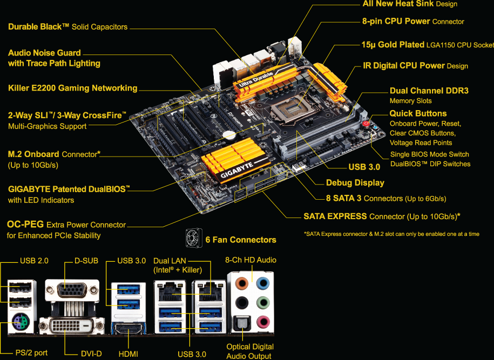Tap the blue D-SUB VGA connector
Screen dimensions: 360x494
[x=72, y=291]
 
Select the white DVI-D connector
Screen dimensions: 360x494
[x=76, y=325]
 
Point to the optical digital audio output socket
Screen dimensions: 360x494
[x=241, y=323]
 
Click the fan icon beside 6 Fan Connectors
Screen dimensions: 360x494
[x=193, y=238]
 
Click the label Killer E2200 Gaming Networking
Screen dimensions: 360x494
[x=73, y=88]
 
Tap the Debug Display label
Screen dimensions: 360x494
[x=355, y=182]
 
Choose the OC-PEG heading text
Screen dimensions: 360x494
[x=25, y=225]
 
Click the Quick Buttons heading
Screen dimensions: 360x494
[x=418, y=113]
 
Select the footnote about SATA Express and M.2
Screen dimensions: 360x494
[x=391, y=234]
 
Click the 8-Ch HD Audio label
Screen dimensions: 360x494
[x=251, y=260]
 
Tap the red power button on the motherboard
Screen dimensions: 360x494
[x=366, y=124]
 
